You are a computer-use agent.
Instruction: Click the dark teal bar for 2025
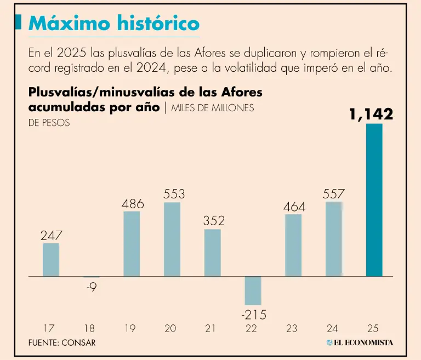pos(374,200)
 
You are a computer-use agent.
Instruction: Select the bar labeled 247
pos(51,260)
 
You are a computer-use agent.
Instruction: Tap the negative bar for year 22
pos(253,290)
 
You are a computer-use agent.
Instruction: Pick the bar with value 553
pos(172,239)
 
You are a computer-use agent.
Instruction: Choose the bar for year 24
pos(334,239)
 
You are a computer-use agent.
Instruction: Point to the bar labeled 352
pos(213,253)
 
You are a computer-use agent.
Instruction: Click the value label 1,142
pos(371,115)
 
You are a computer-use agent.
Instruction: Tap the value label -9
pos(92,287)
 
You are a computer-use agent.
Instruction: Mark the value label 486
pos(133,204)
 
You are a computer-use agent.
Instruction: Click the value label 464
pos(294,208)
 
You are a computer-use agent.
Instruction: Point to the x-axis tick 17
pos(49,329)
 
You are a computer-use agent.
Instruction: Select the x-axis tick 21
pos(211,329)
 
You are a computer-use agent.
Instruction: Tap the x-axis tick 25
pos(373,329)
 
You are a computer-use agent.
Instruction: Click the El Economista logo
pos(360,342)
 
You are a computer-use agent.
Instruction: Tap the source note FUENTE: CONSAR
pos(62,342)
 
